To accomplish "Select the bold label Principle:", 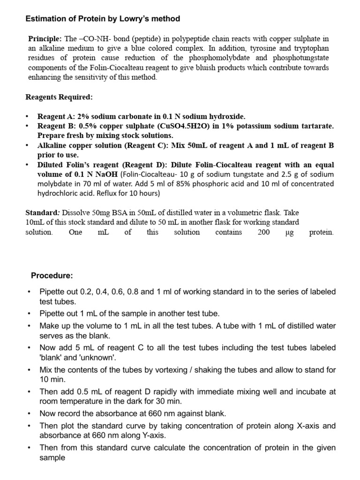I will (45, 38).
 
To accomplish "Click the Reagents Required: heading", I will (59, 97).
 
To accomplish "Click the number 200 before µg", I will (263, 232).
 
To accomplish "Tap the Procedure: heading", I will (52, 275).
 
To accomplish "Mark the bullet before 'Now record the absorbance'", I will (30, 413).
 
